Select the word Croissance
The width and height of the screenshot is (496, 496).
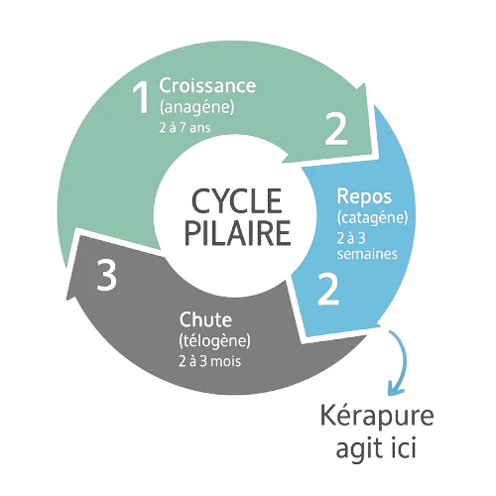207,85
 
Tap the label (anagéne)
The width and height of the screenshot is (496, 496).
196,107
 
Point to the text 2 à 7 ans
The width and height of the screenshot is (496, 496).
185,128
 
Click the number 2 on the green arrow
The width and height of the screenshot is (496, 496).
336,129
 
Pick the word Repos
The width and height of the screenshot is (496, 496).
364,197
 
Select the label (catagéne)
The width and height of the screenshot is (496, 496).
372,218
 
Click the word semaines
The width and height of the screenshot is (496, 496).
367,254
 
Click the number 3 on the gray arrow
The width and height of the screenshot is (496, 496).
106,275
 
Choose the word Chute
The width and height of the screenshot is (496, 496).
205,319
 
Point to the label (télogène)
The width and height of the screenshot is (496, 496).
214,341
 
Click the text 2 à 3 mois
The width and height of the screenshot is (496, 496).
209,361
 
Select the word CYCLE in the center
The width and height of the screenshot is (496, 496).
237,201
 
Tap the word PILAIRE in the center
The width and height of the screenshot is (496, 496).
237,232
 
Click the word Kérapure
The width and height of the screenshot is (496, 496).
377,417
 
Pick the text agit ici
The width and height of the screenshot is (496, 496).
376,446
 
